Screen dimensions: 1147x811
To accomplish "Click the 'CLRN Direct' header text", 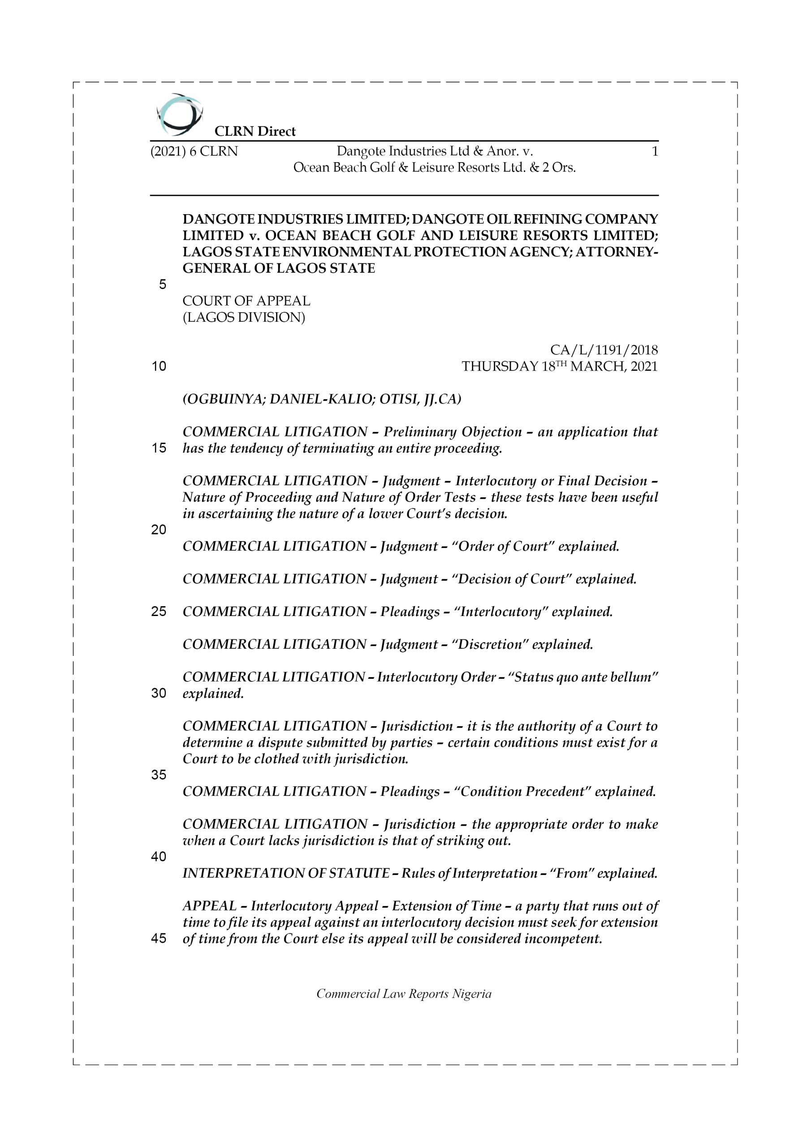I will pos(255,131).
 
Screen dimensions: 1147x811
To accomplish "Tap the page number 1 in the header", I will pos(655,151).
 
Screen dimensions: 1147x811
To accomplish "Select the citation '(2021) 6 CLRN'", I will pos(194,151).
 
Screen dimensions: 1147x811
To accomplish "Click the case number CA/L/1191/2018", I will pos(604,349).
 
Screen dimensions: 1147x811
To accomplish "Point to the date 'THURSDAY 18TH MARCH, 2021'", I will pos(559,366).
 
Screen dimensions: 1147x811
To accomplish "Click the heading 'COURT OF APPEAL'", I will pos(246,301).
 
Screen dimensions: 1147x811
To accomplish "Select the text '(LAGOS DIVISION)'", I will pos(244,317).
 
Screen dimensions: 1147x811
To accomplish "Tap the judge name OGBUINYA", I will pos(224,399).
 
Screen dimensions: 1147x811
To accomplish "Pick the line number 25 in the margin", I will pos(159,612).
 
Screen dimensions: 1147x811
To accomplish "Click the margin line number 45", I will pos(159,939).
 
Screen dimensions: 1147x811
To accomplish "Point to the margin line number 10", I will pos(159,366).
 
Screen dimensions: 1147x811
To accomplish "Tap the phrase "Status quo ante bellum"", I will pos(583,677).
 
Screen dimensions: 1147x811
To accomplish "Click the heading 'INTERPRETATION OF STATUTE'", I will pos(286,873).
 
